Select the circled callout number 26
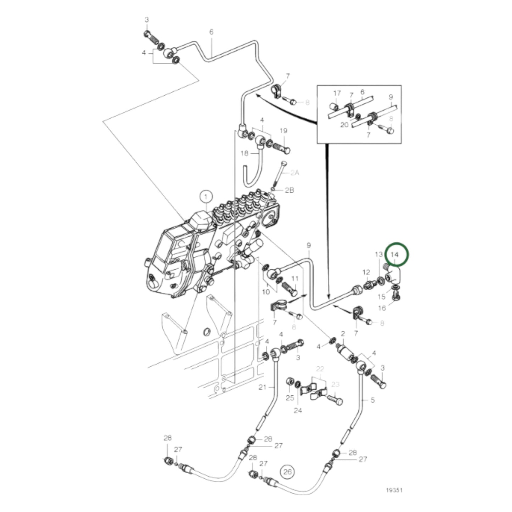287,472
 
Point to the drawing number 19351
394,490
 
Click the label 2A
295,173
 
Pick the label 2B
289,190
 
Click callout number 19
283,131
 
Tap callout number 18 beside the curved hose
245,153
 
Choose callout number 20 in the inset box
344,125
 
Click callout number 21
262,387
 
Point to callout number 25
290,398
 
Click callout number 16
382,308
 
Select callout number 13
379,254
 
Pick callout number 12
366,272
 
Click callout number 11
295,278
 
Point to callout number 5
372,400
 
